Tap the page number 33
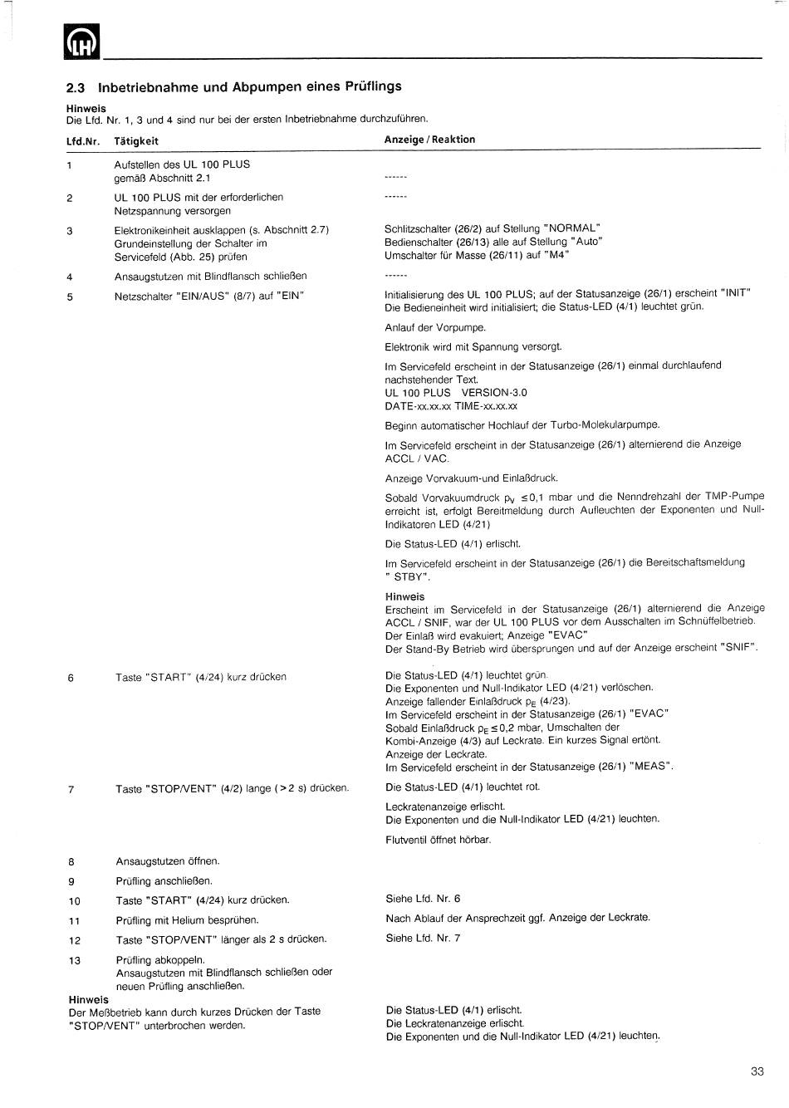click(x=757, y=1071)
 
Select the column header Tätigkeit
click(x=136, y=141)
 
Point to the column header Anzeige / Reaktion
click(x=429, y=140)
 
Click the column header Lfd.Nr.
click(x=82, y=141)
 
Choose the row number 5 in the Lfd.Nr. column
click(x=70, y=297)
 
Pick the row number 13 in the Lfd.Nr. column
click(x=75, y=961)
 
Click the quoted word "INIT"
click(x=736, y=293)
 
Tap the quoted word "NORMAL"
click(x=572, y=228)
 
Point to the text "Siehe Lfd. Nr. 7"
click(x=423, y=939)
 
